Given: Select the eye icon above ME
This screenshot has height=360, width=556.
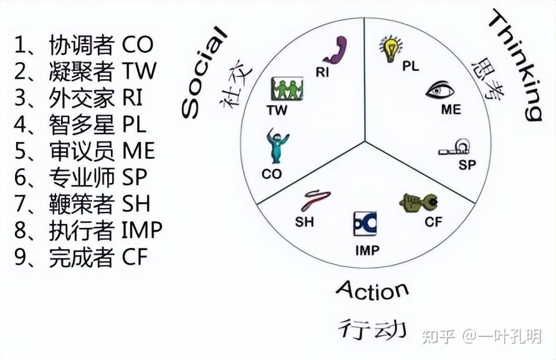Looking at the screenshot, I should tap(440, 91).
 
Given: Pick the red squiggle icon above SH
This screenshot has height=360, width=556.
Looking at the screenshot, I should tap(316, 200).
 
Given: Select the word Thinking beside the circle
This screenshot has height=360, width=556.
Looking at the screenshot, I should tap(514, 65).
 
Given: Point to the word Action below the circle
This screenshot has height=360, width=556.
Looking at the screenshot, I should tap(372, 290).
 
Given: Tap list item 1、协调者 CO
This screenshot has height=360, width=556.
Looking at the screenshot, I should tap(84, 45).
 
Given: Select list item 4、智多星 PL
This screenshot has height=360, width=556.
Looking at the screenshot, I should tap(80, 125).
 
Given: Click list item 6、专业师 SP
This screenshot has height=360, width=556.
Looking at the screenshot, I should tap(81, 178).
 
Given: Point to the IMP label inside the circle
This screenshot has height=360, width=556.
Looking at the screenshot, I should tap(367, 251).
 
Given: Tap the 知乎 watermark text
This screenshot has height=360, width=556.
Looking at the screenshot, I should tap(440, 336).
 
